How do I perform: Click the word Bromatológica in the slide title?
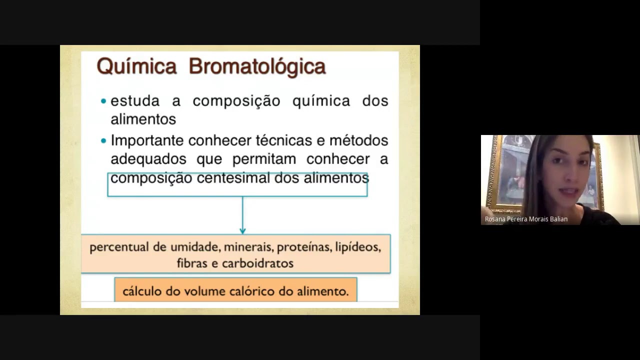[x=257, y=66]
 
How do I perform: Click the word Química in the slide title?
[x=136, y=66]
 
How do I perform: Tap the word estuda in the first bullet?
[x=135, y=101]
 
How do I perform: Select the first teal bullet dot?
[x=103, y=101]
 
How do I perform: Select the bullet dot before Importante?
[x=103, y=141]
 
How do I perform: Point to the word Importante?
[x=147, y=141]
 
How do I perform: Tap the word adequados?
[x=148, y=159]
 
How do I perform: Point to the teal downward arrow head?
[x=242, y=230]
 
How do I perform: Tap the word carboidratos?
[x=257, y=263]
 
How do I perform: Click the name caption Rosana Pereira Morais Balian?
[x=526, y=219]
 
